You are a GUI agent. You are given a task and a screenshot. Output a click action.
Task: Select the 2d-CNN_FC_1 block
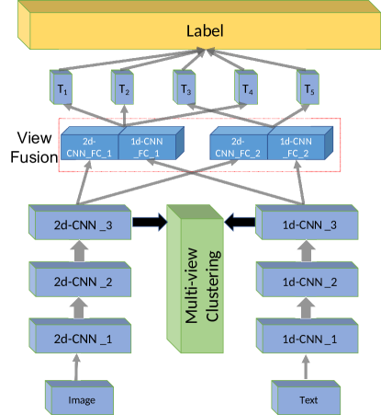click(x=90, y=146)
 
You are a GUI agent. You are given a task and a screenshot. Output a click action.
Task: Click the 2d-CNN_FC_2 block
click(x=238, y=146)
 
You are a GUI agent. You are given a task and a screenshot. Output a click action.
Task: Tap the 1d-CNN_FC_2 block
click(x=297, y=146)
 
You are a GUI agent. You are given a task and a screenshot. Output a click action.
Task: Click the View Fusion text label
click(x=28, y=146)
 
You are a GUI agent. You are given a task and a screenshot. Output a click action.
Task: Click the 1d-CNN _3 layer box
click(x=301, y=223)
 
